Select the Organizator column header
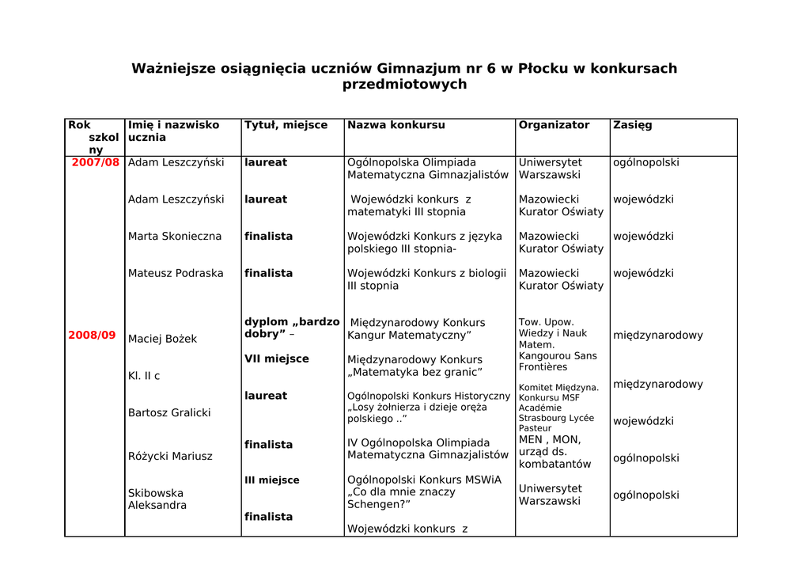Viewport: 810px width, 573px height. pos(554,125)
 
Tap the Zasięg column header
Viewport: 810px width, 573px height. pos(632,125)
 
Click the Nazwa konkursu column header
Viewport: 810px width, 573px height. pos(396,125)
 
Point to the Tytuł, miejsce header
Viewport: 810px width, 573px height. pos(286,125)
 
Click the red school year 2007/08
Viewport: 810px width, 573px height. pos(96,162)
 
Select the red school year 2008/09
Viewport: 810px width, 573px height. pos(92,336)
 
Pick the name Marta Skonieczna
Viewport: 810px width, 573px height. pos(175,237)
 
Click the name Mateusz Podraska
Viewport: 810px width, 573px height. pos(175,274)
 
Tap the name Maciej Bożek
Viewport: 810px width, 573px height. pos(162,340)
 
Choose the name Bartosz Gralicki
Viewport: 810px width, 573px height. pos(169,413)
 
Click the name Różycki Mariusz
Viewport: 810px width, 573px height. pos(170,457)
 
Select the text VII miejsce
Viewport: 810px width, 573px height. pos(276,359)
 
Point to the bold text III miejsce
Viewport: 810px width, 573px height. pos(271,480)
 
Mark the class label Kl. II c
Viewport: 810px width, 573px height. pos(144,376)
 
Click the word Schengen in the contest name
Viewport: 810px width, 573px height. pos(376,504)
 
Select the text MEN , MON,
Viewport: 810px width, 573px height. pos(550,440)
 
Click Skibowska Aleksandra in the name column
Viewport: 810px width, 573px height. pos(157,499)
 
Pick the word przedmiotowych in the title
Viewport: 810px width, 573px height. pos(404,85)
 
